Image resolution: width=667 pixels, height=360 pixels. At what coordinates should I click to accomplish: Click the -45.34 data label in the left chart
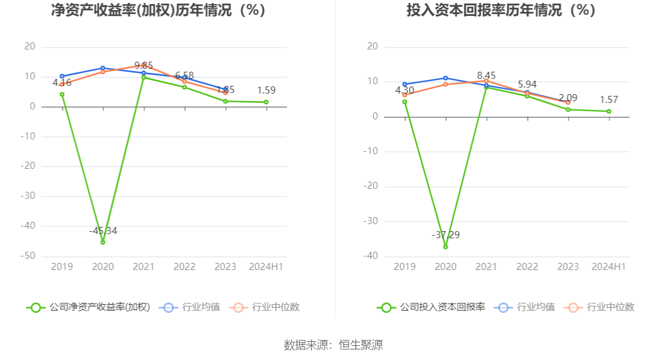(103, 231)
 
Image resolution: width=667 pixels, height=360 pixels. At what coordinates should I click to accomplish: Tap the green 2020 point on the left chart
(103, 242)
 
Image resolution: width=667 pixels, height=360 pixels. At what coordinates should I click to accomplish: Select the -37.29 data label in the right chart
(445, 235)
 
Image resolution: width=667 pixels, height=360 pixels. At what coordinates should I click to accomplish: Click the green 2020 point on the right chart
(445, 247)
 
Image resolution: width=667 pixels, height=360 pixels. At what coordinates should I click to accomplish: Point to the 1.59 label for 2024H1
(266, 91)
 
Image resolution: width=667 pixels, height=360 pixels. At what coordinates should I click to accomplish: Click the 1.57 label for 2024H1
(609, 100)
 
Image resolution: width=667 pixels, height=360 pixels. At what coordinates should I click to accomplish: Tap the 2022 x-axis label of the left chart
(185, 267)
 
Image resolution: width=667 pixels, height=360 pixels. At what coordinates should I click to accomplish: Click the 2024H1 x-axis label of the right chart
(609, 267)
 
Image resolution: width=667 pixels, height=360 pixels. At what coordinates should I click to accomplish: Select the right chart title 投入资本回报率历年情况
(501, 11)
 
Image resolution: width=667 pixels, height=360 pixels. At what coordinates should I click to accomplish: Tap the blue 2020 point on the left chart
(103, 68)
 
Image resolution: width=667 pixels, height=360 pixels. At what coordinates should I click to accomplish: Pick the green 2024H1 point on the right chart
(609, 111)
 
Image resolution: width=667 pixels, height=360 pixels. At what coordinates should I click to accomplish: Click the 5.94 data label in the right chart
(527, 85)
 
